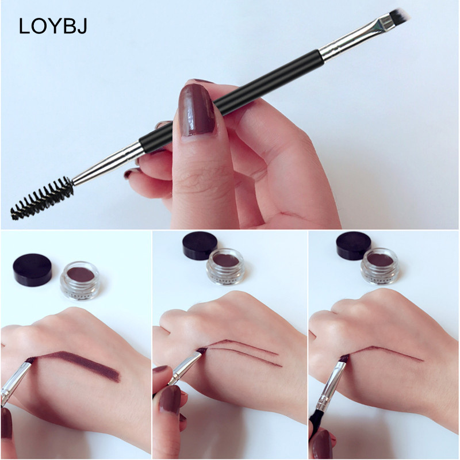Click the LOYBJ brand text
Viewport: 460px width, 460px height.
(53, 26)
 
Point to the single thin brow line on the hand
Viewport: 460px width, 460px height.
(384, 352)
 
